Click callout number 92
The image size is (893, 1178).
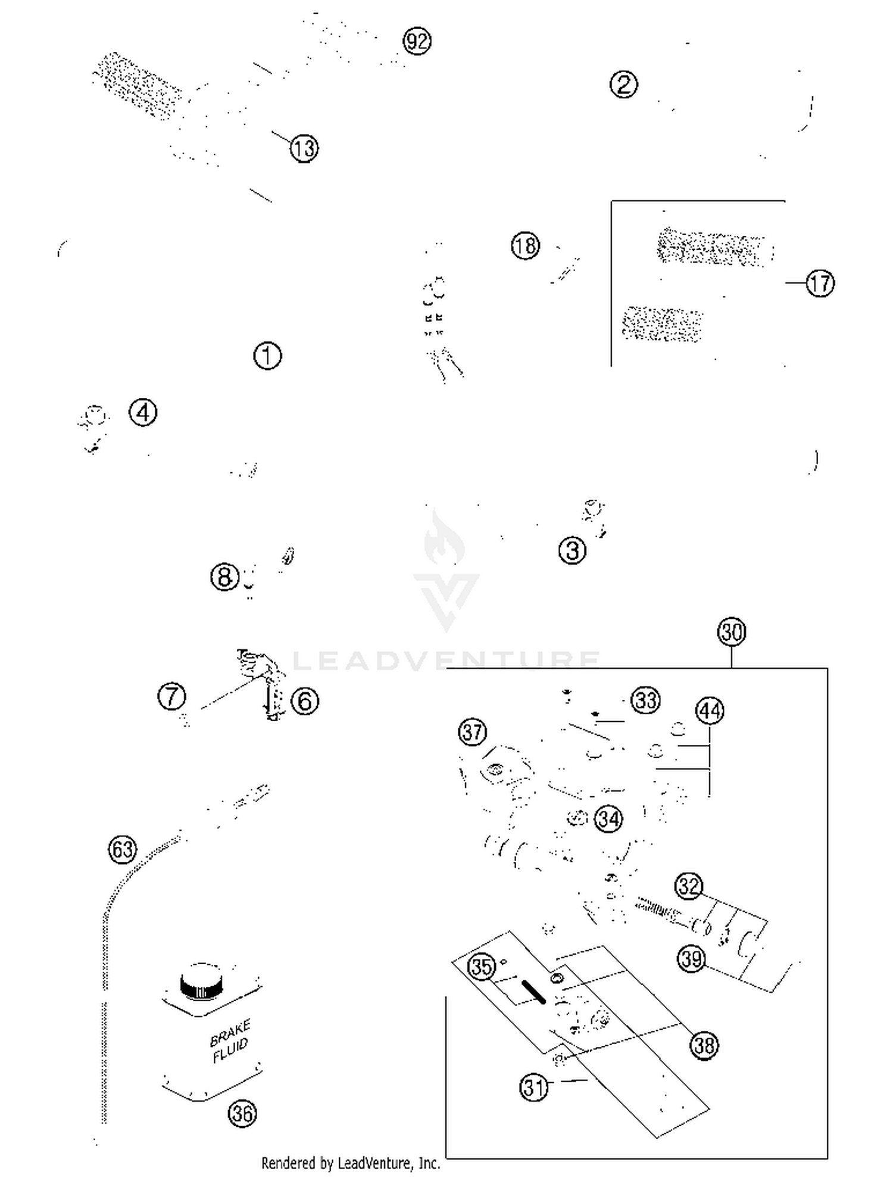point(417,41)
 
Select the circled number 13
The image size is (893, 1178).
point(304,148)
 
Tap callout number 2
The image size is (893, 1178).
point(623,84)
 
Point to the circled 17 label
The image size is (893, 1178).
point(820,283)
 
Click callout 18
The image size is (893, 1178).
point(525,245)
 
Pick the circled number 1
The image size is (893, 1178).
point(267,356)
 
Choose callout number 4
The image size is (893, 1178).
point(143,413)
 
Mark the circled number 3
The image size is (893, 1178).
point(572,550)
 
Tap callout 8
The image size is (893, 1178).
point(224,576)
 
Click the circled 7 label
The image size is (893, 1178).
point(171,696)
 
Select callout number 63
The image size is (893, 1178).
point(122,849)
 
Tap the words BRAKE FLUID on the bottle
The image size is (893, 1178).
point(230,1041)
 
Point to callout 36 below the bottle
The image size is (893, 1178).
point(242,1113)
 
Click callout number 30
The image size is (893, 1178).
point(732,632)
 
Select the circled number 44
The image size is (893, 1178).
point(710,711)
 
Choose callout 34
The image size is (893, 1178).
point(608,819)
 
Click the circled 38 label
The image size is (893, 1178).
point(704,1045)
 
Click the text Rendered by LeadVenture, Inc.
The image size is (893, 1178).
point(351,1163)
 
